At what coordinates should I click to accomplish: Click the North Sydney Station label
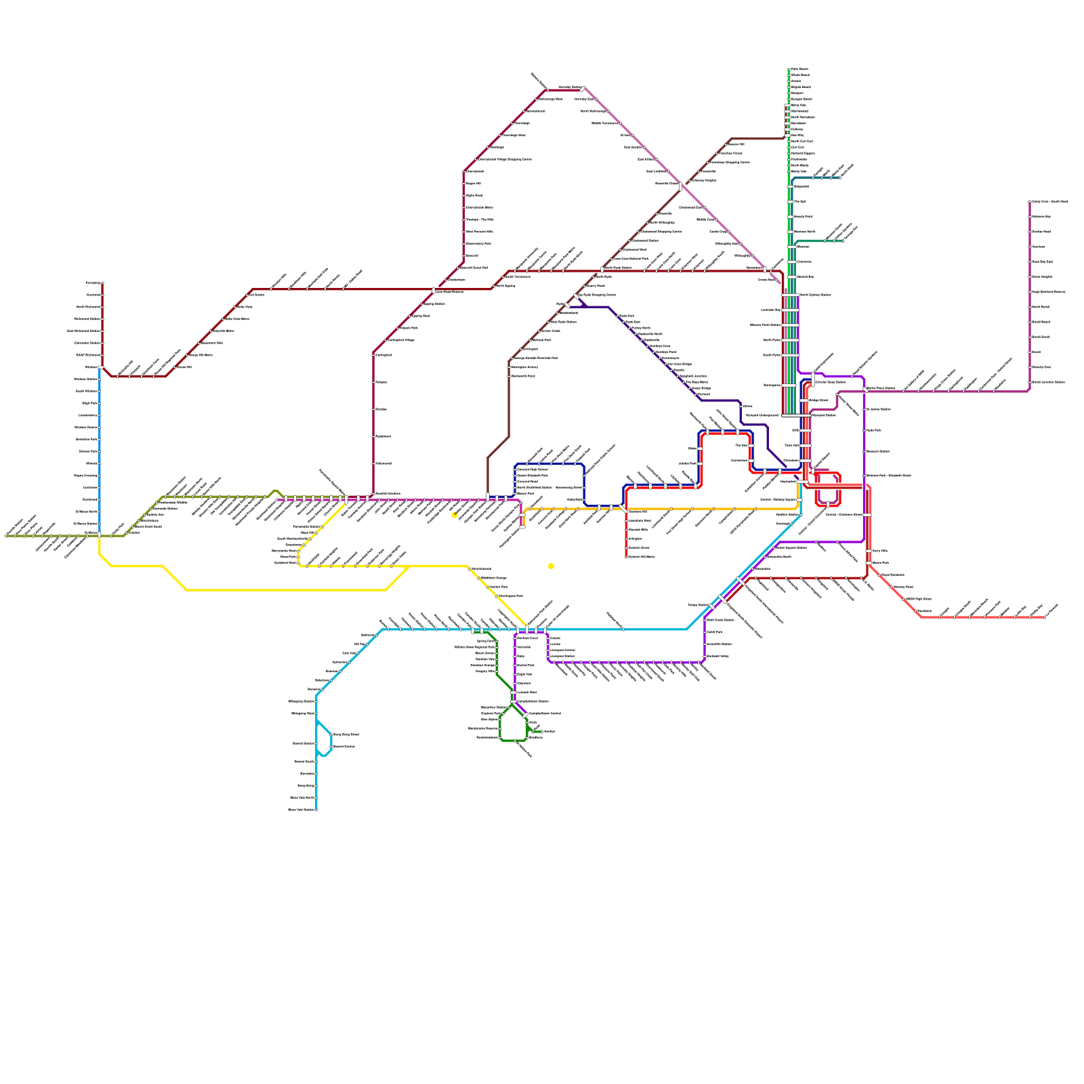[x=815, y=295]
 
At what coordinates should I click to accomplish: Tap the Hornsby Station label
[x=570, y=87]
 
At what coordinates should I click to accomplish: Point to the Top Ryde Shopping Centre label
[x=596, y=295]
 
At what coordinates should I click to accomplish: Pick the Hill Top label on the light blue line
[x=360, y=644]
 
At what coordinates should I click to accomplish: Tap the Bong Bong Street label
[x=346, y=734]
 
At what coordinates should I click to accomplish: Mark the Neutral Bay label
[x=805, y=276]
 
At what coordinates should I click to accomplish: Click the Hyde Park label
[x=874, y=430]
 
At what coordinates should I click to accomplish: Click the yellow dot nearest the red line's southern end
[x=551, y=566]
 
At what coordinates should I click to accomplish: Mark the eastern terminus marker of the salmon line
[x=1045, y=617]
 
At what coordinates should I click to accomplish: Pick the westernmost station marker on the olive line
[x=6, y=536]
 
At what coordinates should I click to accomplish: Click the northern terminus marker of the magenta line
[x=1030, y=202]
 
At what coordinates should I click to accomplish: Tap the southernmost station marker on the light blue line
[x=316, y=810]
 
